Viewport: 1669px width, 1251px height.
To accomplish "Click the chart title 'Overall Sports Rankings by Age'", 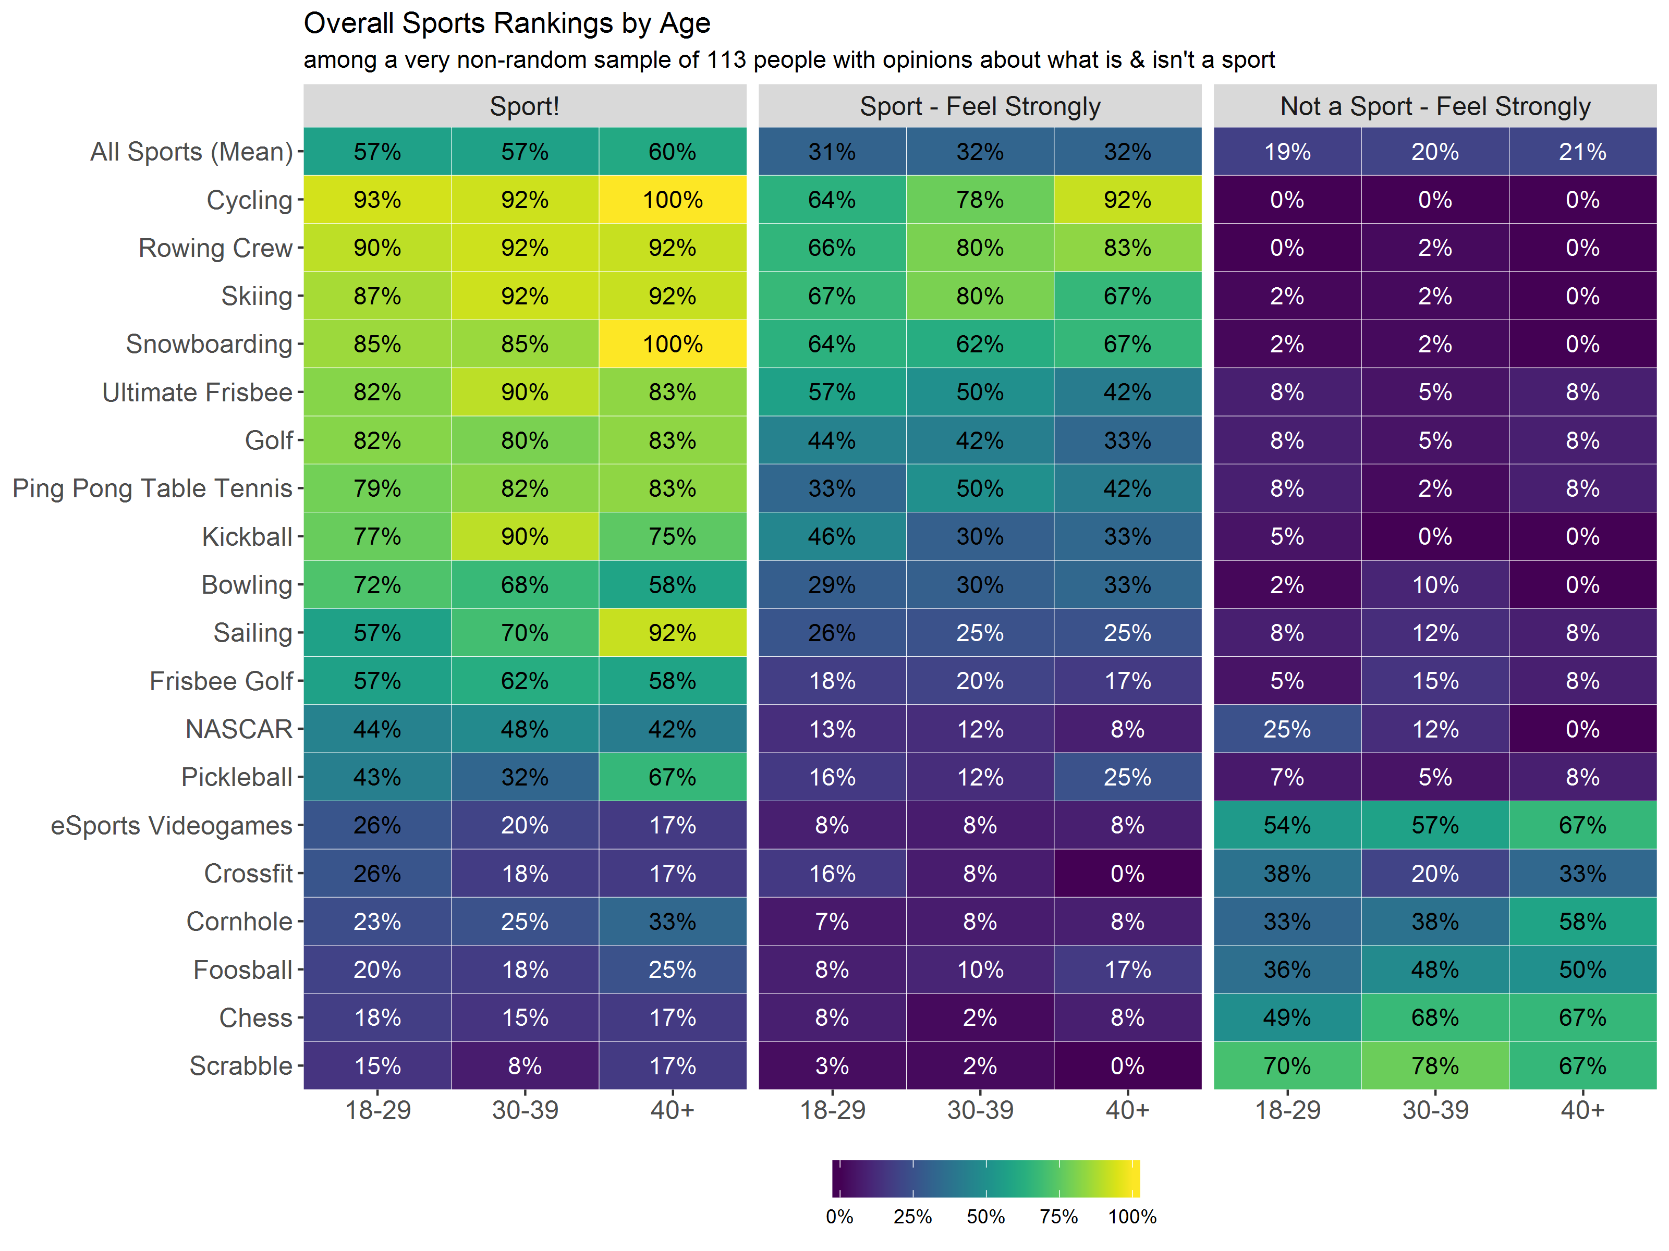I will pos(506,23).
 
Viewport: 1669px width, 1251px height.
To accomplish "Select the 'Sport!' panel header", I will pos(525,106).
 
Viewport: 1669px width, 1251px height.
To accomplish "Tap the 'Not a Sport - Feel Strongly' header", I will pos(1434,106).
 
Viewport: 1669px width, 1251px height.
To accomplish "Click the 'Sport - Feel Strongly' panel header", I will pos(979,106).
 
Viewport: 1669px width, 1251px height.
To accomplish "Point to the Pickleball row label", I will pos(236,777).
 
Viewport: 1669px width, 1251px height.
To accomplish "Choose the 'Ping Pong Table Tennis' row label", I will pos(152,488).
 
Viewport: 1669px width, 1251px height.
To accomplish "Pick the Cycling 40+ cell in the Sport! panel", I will pos(672,200).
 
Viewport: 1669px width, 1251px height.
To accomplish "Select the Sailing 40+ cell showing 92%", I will pos(672,632).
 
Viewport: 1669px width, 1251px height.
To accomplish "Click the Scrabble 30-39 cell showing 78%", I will pos(1434,1066).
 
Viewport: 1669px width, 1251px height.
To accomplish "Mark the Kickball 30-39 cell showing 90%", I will pos(525,536).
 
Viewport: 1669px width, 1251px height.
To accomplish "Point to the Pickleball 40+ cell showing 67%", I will pos(672,777).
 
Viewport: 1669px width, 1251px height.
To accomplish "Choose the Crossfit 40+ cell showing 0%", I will pos(1127,874).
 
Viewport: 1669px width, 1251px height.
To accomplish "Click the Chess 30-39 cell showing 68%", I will pos(1434,1018).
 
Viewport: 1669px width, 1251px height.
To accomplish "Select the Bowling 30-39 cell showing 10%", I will pos(1434,585).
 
